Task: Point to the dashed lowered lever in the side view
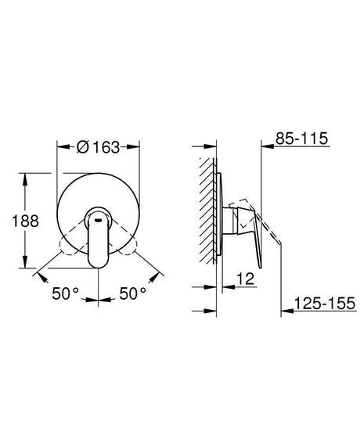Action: point(270,235)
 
